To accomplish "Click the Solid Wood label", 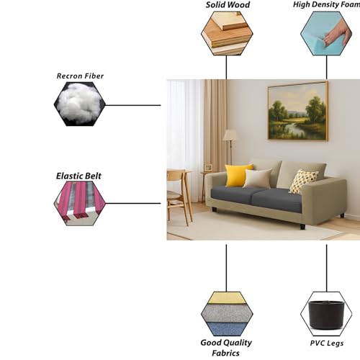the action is (228, 5).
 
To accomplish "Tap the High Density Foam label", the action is (327, 4).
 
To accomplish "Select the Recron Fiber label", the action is (80, 76).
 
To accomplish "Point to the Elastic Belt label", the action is (78, 176).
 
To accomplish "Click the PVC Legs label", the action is (326, 343).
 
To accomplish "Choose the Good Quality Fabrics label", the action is (226, 348).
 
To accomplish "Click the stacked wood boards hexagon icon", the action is (227, 33).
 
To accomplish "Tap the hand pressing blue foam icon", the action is (326, 33).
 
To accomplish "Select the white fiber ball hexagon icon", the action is (80, 104).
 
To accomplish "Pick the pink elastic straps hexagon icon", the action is (80, 203).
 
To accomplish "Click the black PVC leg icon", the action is (326, 315).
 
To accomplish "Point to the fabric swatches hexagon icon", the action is (227, 314).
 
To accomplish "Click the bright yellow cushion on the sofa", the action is (238, 175).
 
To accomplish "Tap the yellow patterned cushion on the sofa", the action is (302, 181).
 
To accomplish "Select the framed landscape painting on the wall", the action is (298, 111).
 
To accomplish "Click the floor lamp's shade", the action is (230, 135).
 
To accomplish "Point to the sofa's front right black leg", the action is (302, 226).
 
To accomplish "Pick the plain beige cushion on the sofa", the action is (258, 178).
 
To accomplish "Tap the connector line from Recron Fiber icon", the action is (133, 105).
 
